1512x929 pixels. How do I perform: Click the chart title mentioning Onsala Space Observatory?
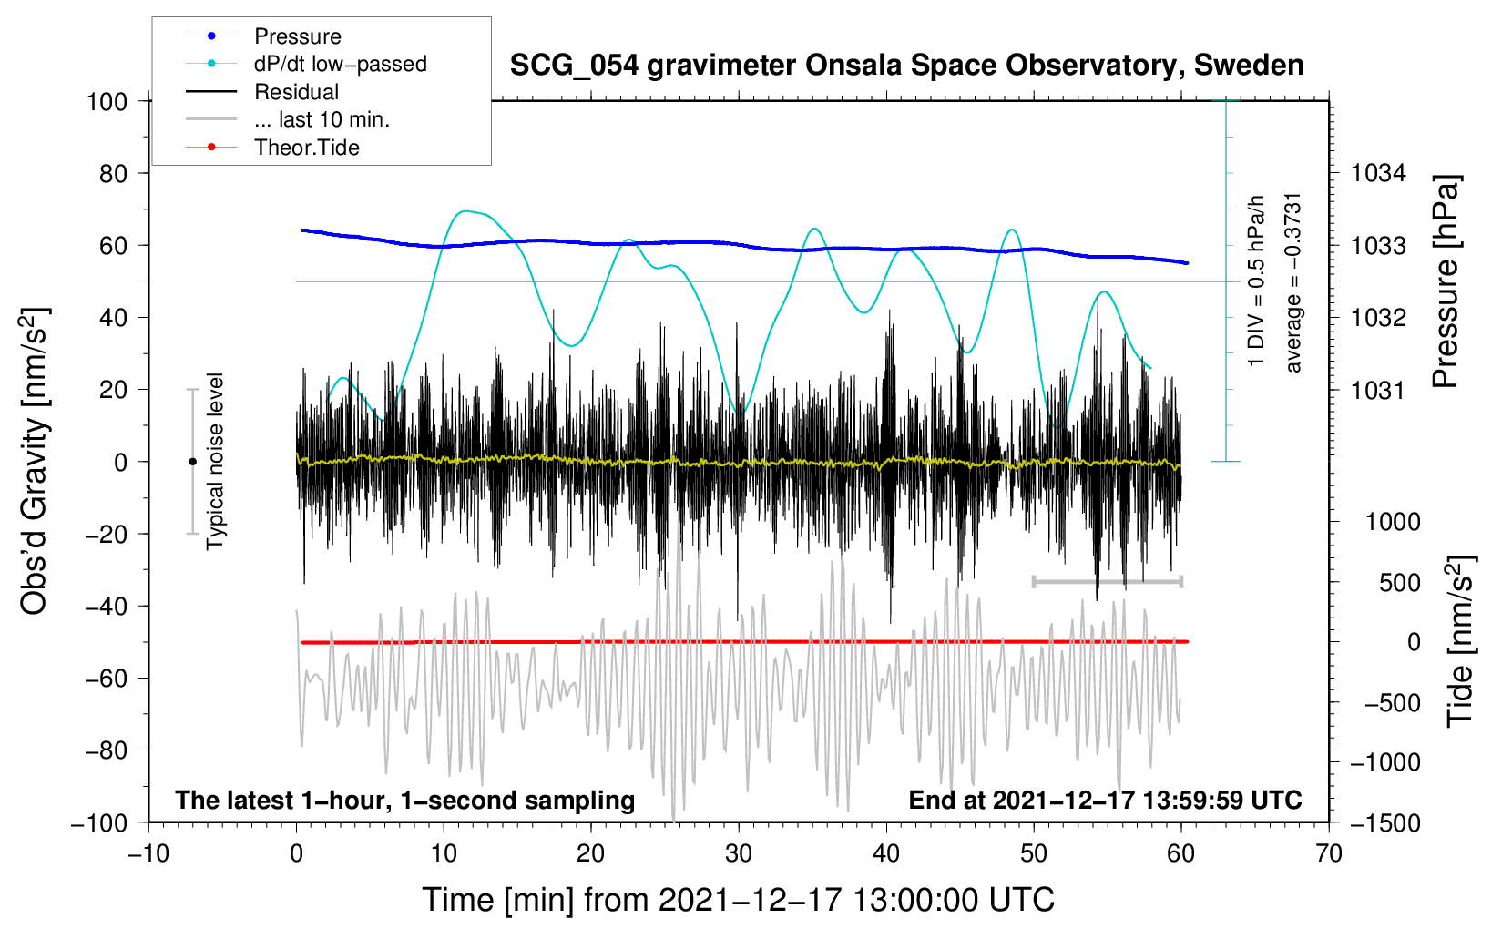906,66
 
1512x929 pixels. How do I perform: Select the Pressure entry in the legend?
297,36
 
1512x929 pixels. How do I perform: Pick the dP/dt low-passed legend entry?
340,64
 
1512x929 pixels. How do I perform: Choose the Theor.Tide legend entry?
306,148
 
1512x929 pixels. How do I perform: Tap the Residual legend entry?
296,92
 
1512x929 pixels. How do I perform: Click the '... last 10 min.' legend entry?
322,119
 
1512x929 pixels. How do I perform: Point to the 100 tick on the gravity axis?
107,101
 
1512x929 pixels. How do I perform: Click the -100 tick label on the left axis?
99,822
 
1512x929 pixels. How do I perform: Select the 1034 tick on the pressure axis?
1378,173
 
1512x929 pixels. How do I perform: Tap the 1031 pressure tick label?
1378,390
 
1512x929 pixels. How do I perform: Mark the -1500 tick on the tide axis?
1384,822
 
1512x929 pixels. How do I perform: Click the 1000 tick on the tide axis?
1392,522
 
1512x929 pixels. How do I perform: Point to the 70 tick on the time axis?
1329,854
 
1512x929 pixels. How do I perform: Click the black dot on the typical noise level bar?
192,462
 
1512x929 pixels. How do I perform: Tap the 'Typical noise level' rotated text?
215,461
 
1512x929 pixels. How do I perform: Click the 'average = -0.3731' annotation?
1293,282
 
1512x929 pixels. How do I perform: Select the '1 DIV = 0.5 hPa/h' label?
1257,281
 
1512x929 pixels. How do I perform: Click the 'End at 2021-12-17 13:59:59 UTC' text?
1105,800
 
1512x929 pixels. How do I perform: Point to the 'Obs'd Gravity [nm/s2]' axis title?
34,461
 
